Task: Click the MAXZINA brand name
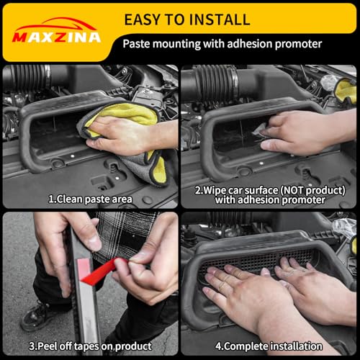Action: point(56,37)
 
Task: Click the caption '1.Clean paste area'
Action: point(90,199)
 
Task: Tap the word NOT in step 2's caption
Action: point(292,190)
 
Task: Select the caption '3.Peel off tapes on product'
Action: point(90,346)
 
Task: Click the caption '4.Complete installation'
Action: point(269,346)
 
